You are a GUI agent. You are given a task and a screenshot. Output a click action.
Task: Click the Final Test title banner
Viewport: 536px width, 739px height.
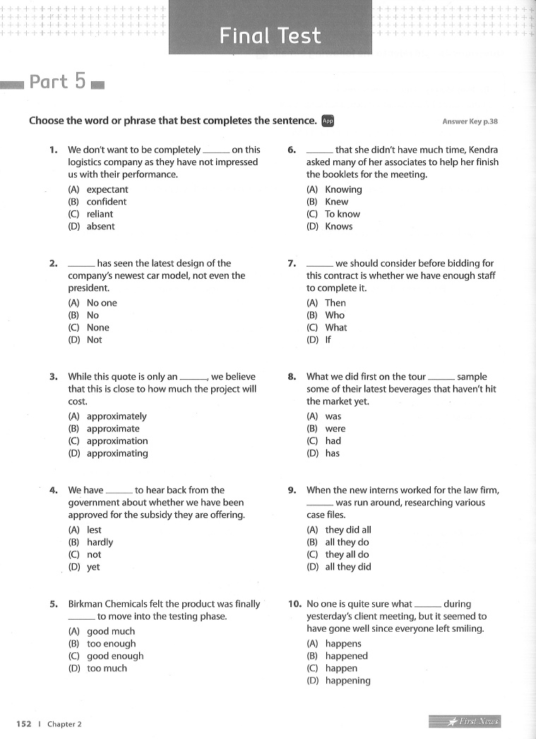pos(270,35)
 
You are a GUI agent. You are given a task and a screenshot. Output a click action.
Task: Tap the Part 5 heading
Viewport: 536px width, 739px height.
pos(58,82)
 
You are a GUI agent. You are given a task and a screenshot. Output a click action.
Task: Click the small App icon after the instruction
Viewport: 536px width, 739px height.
pos(327,121)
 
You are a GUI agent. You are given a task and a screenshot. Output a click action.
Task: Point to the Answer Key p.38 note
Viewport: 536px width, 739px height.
pos(470,121)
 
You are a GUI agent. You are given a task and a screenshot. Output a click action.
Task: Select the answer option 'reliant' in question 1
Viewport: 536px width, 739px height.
pos(100,214)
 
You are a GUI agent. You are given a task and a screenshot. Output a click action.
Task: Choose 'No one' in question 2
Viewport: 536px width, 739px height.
pos(102,303)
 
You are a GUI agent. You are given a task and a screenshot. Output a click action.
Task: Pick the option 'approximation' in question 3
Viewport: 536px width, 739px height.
pos(117,441)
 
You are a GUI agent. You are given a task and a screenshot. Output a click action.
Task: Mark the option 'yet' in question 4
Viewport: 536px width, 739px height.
pos(93,567)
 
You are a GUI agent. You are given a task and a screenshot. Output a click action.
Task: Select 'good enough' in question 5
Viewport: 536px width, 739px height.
pos(115,656)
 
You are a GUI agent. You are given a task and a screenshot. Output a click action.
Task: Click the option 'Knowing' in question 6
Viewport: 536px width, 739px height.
pos(343,189)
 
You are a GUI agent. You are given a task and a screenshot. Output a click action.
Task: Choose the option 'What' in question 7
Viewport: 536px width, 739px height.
pos(336,328)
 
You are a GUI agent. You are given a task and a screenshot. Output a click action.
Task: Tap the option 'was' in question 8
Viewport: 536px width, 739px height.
pos(333,416)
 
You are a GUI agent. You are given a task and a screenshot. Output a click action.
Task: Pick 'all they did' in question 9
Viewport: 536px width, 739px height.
pos(348,567)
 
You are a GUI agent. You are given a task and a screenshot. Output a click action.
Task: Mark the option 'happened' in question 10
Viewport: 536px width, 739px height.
pos(347,656)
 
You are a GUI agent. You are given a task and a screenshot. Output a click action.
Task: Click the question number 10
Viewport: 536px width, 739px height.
pos(295,603)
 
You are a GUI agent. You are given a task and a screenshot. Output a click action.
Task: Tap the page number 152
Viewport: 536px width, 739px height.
pos(23,723)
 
